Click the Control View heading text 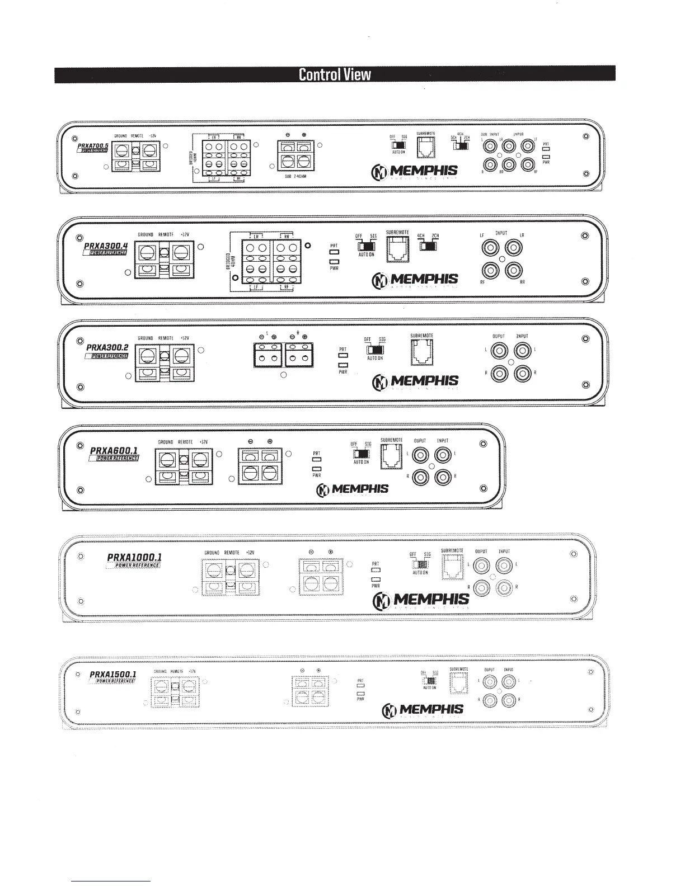[335, 74]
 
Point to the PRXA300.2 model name [107, 347]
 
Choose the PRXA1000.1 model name [134, 557]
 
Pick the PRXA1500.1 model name [112, 674]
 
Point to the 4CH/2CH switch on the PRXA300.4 [429, 246]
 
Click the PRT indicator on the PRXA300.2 [343, 356]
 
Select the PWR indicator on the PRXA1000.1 [376, 579]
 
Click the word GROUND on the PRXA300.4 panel [146, 234]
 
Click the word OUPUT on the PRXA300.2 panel [498, 337]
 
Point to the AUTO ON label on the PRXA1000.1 [420, 573]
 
